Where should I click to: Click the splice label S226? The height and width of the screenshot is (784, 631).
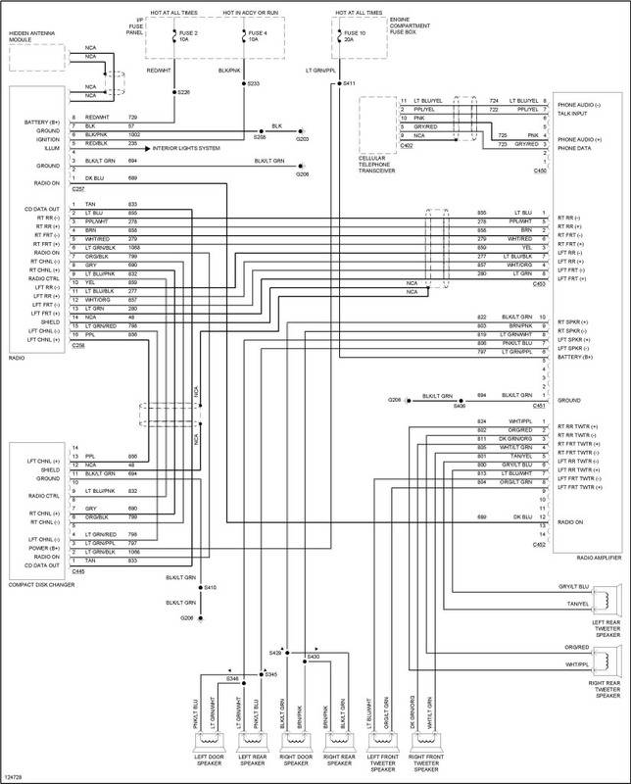pos(183,93)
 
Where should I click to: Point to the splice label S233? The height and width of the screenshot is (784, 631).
pos(253,84)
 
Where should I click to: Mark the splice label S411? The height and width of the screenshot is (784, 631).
pos(350,85)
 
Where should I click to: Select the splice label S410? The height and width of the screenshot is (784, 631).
pos(210,587)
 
